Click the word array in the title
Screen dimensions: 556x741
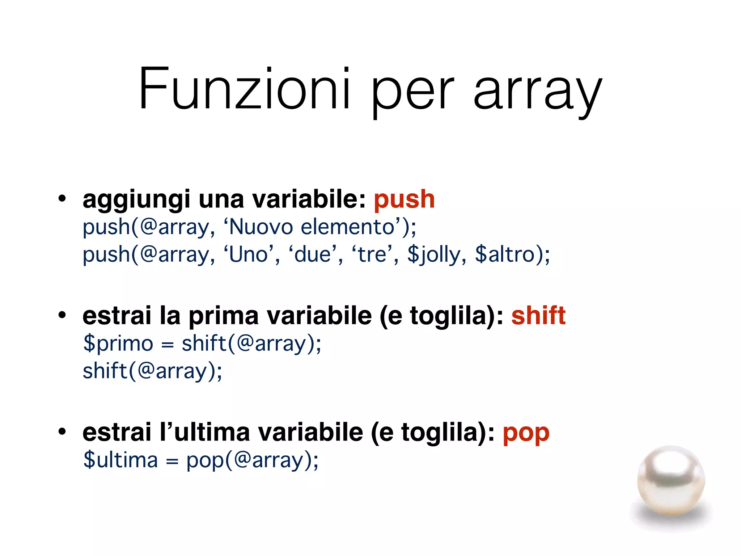point(538,90)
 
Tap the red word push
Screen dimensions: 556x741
point(404,199)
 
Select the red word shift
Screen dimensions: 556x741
point(538,316)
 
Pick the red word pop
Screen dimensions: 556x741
point(526,434)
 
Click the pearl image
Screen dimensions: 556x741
point(671,481)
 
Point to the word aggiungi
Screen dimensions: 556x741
point(136,200)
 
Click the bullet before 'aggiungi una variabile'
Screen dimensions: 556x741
point(62,199)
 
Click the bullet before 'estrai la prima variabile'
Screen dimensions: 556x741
point(62,315)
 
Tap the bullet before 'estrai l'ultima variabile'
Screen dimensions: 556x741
point(62,431)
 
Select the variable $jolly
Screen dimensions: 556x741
point(433,255)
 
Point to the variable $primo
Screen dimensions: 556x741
point(118,344)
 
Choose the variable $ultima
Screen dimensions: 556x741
point(120,460)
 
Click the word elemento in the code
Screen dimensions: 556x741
point(347,227)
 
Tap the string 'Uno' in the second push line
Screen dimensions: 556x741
point(248,254)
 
